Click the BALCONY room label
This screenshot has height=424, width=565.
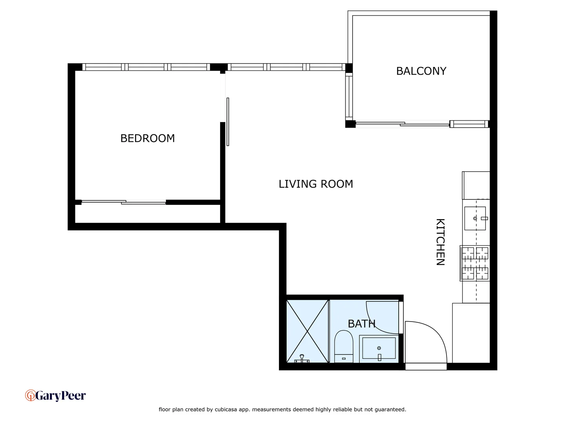[421, 71]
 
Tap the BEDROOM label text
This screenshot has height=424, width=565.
[148, 138]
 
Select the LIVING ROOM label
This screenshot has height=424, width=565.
[316, 184]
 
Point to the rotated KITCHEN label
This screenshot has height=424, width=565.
[441, 242]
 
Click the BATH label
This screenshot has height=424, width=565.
[361, 323]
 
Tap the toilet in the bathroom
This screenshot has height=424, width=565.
[344, 346]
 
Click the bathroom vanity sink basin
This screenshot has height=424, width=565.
[379, 348]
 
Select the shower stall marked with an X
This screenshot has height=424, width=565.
[307, 331]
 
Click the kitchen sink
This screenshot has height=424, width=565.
[475, 218]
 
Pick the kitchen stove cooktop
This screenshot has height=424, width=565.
[475, 263]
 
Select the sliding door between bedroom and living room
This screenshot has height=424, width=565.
[228, 122]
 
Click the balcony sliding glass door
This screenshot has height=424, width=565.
[402, 124]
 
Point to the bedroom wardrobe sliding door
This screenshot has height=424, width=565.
[124, 202]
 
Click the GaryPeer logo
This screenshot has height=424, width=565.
[55, 395]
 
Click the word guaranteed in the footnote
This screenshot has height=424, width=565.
[390, 409]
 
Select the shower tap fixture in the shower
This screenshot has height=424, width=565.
[302, 358]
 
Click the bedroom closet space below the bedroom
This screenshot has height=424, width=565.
[147, 214]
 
